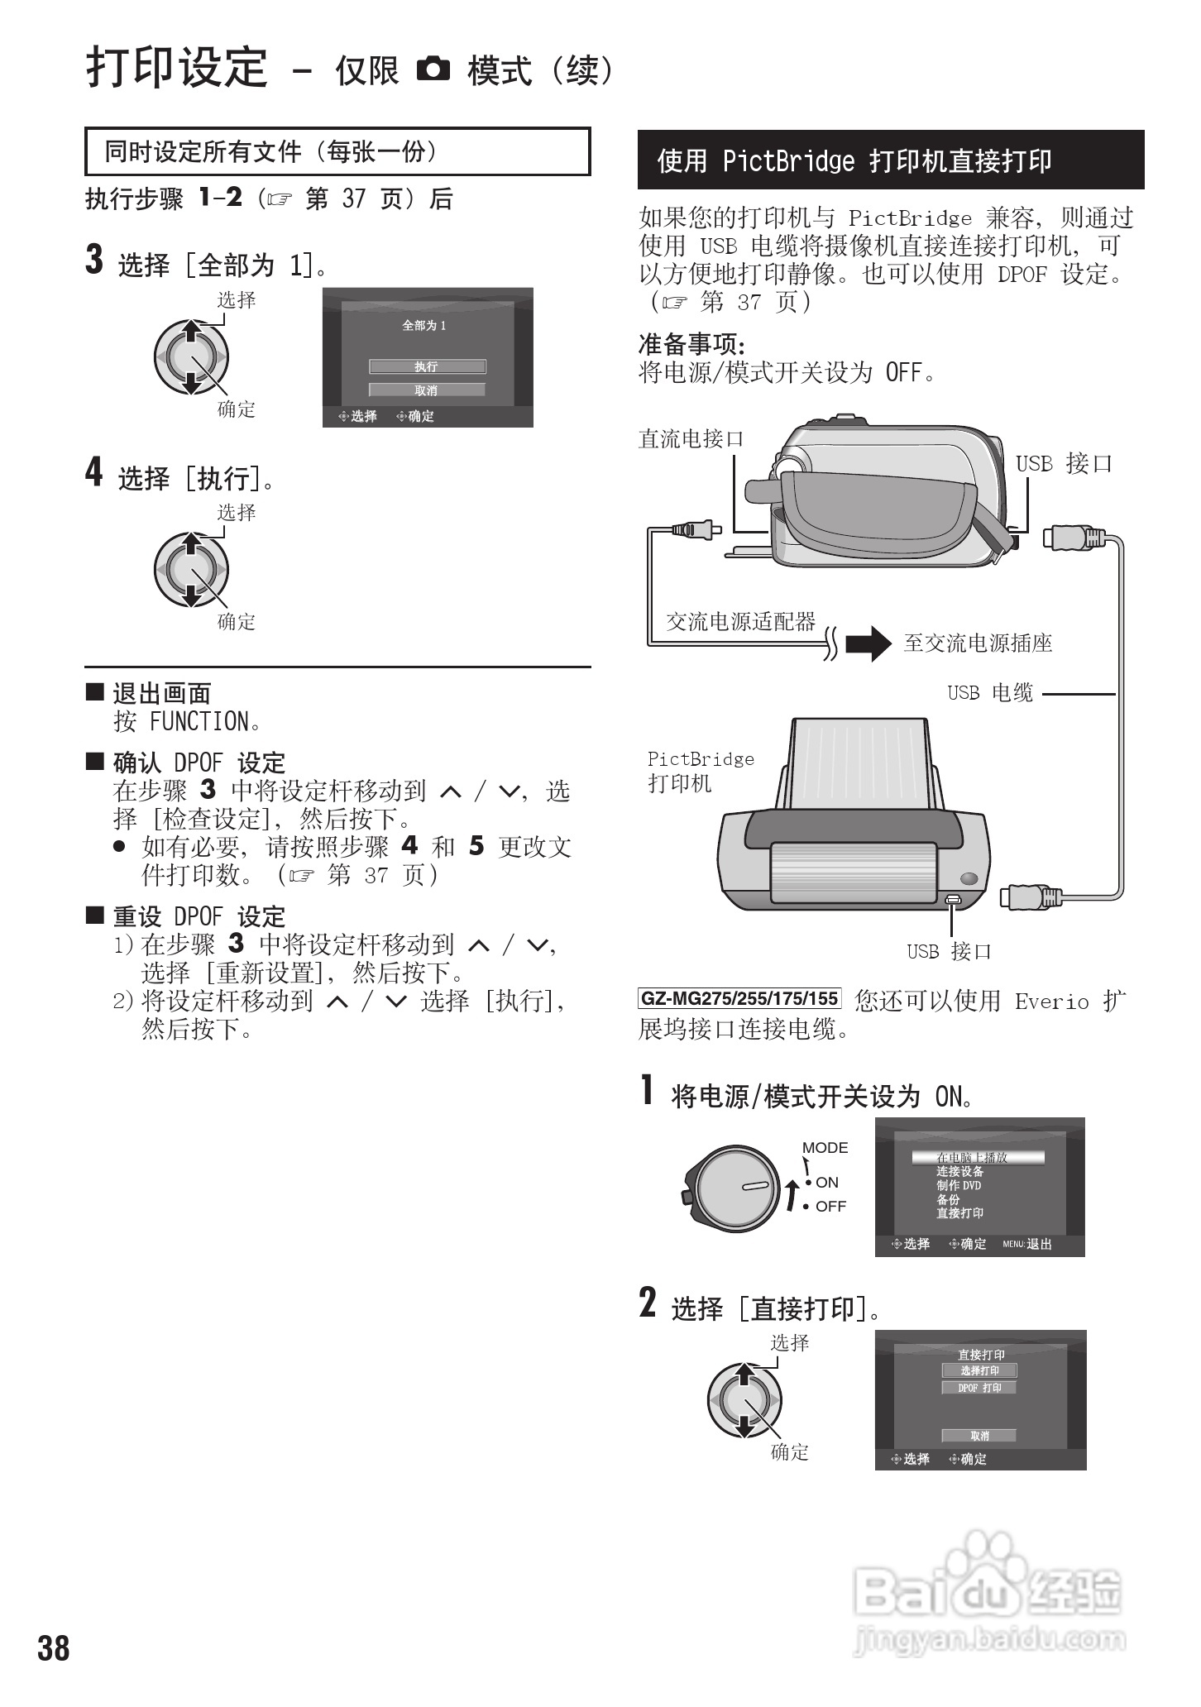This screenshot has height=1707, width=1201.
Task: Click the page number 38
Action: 54,1647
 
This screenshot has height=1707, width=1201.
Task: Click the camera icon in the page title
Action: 433,69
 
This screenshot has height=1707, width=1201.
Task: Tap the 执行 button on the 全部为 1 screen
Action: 427,366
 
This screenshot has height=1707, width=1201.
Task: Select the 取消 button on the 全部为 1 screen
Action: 427,390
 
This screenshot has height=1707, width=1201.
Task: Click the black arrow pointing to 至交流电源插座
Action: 868,643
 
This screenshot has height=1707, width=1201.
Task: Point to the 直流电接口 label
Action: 691,438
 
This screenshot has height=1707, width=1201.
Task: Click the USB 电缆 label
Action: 990,693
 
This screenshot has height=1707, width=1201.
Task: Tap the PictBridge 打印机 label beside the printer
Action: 700,771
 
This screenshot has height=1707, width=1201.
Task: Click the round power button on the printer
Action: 969,879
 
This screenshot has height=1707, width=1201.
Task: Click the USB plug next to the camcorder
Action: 1074,538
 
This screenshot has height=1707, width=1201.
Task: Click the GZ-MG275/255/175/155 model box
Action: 739,999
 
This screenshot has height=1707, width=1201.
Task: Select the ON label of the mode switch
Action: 826,1183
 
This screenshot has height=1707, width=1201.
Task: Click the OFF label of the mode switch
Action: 830,1207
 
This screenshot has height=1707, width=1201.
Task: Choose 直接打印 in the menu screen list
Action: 959,1213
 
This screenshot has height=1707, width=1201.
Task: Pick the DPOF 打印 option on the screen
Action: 979,1388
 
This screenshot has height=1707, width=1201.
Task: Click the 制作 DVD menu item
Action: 959,1185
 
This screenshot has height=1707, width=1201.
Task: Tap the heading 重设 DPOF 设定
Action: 199,916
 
